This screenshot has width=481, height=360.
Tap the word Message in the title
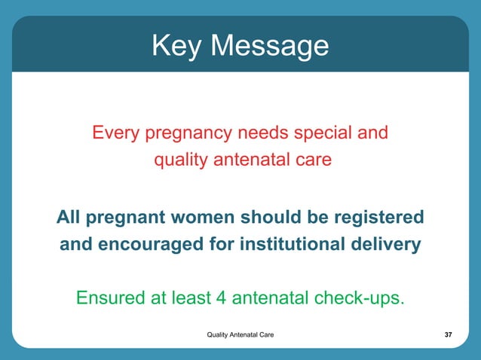coord(270,47)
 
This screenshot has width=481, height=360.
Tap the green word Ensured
coord(110,298)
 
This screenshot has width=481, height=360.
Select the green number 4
coord(222,298)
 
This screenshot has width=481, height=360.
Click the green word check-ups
coord(352,299)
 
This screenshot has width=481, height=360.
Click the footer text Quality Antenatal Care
coord(240,334)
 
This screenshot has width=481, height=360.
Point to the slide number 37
coord(449,334)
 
